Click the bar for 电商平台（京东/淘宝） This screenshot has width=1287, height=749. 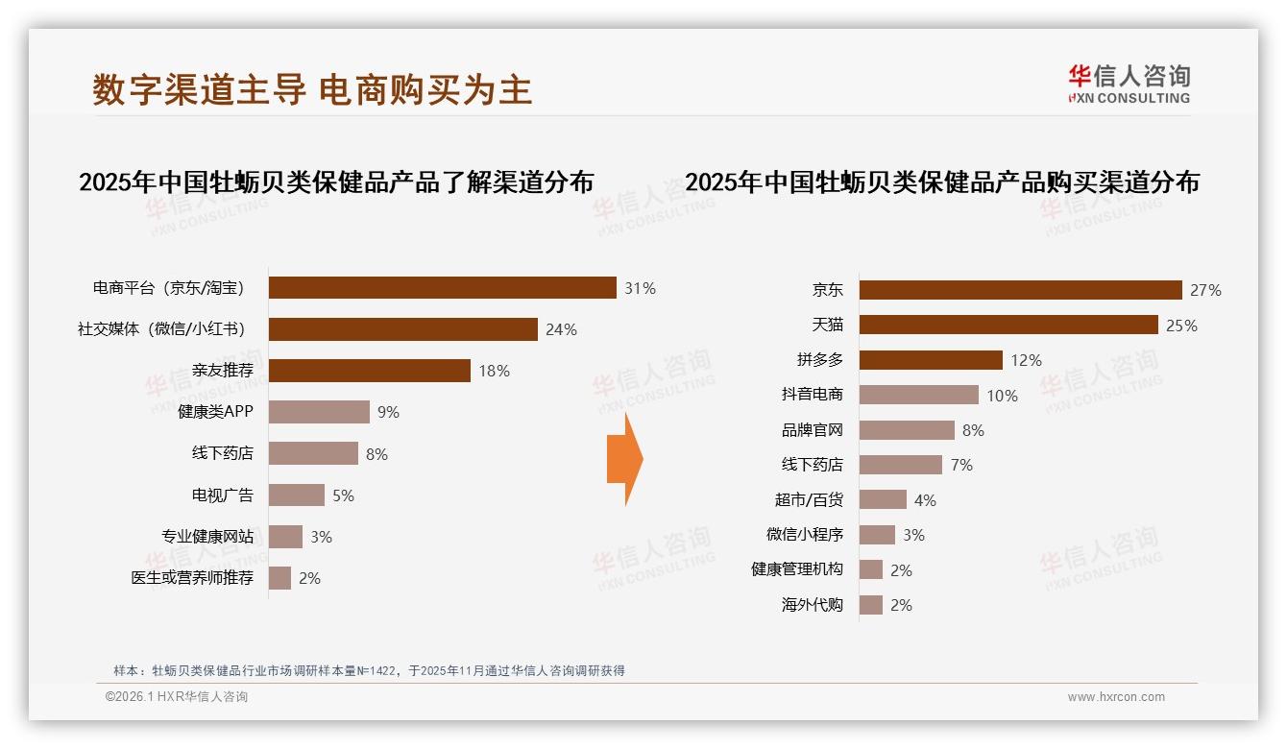(442, 288)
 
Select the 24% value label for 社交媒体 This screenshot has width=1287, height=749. (561, 329)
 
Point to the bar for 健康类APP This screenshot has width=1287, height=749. (319, 412)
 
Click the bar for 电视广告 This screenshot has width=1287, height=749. (296, 495)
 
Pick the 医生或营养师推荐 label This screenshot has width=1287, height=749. (192, 578)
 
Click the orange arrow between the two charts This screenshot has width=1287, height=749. (624, 459)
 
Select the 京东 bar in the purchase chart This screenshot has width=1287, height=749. (1020, 290)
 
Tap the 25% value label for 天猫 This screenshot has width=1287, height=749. (1181, 326)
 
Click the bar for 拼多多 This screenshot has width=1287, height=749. (931, 360)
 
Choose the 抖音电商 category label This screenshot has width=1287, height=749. (812, 395)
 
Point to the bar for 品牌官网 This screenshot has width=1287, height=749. (907, 430)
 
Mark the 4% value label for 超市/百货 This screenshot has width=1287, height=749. (925, 500)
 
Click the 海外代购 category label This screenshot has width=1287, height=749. (812, 605)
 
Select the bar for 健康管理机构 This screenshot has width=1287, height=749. (870, 569)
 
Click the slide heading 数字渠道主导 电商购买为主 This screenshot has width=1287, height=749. (312, 89)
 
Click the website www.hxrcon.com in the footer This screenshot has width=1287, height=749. (1116, 697)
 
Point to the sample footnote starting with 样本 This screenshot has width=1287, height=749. (369, 670)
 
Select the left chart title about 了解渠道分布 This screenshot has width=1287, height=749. (336, 181)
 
